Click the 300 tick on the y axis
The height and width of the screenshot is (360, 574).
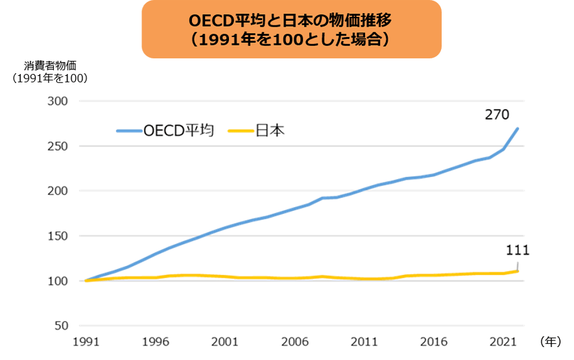pos(58,102)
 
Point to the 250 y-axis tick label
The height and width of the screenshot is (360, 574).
pos(58,147)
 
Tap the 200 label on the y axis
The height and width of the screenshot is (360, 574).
pos(58,191)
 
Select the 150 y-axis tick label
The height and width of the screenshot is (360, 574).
pos(58,236)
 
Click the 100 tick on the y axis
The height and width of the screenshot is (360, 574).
pos(58,281)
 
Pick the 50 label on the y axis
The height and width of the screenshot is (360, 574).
pos(62,326)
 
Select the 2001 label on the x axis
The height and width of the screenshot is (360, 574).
pos(224,341)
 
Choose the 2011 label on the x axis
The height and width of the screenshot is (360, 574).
pos(364,341)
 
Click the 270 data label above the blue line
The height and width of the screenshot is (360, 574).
pos(497,115)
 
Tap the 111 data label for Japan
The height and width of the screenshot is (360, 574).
pos(518,251)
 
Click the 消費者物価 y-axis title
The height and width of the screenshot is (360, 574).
pos(51,66)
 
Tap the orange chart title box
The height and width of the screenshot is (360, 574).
pos(291,29)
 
